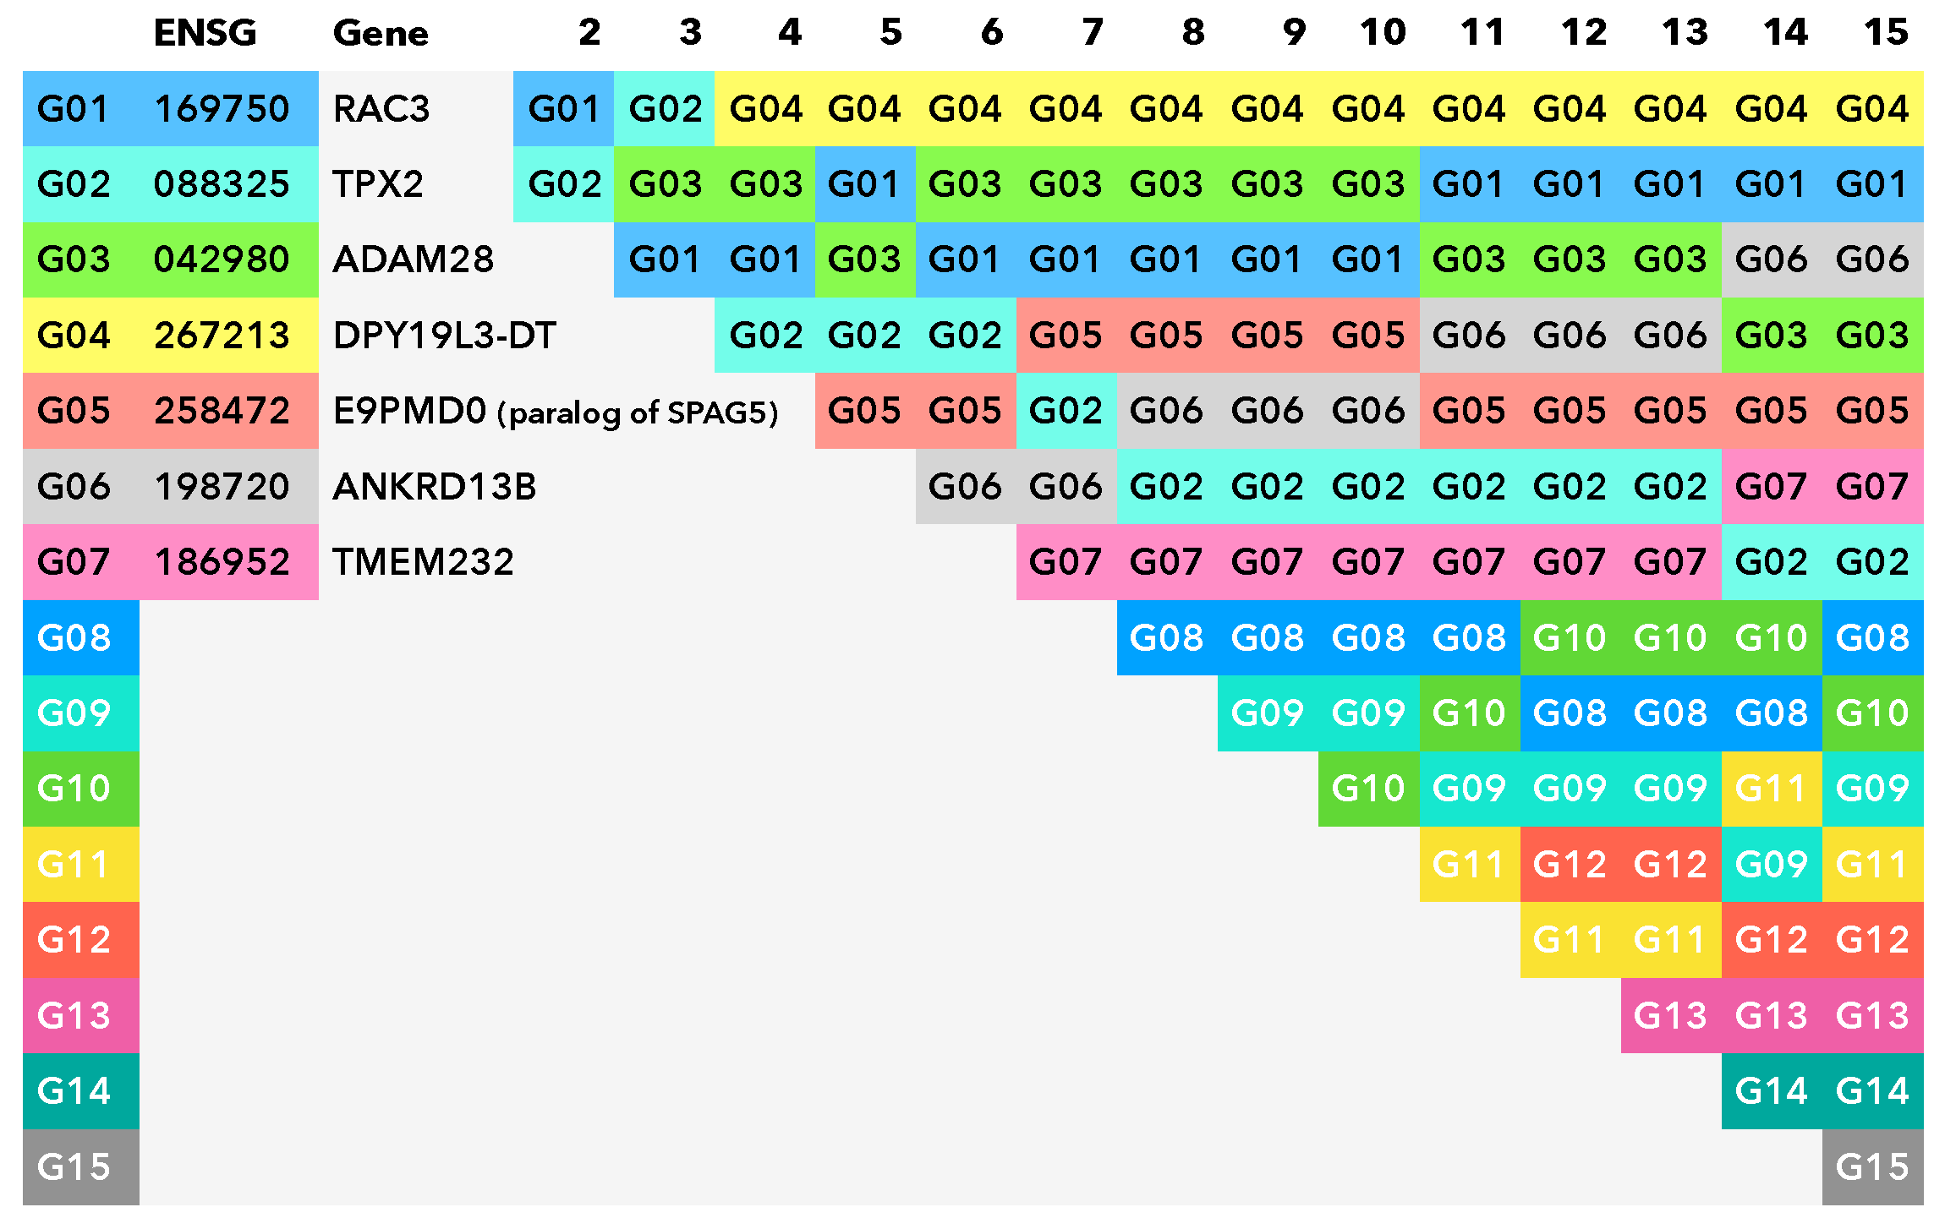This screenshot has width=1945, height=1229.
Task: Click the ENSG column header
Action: pyautogui.click(x=205, y=33)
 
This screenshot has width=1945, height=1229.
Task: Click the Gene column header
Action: pyautogui.click(x=381, y=33)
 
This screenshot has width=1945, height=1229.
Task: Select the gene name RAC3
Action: pyautogui.click(x=381, y=109)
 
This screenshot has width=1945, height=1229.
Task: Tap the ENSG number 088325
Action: pyautogui.click(x=222, y=184)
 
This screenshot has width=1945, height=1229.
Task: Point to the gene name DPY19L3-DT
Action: pyautogui.click(x=445, y=336)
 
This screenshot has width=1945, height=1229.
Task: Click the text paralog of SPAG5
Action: pyautogui.click(x=638, y=412)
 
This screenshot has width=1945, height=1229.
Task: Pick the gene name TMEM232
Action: pyautogui.click(x=423, y=562)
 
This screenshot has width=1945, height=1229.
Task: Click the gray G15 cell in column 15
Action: pyautogui.click(x=1872, y=1167)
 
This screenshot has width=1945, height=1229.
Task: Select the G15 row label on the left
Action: pyautogui.click(x=74, y=1167)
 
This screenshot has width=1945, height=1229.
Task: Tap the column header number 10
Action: pyautogui.click(x=1383, y=33)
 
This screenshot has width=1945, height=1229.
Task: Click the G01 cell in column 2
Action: pyautogui.click(x=564, y=109)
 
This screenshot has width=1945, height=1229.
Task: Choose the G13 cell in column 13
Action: pyautogui.click(x=1670, y=1016)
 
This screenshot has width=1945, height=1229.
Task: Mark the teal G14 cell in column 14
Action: pyautogui.click(x=1771, y=1091)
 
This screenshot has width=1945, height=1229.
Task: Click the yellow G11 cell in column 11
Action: pyautogui.click(x=1469, y=865)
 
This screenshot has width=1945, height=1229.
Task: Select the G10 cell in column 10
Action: pyautogui.click(x=1368, y=789)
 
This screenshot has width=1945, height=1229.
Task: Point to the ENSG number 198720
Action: pyautogui.click(x=222, y=487)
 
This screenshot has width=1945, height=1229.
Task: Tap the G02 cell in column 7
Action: pyautogui.click(x=1066, y=411)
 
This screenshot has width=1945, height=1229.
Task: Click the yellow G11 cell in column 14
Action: pyautogui.click(x=1771, y=789)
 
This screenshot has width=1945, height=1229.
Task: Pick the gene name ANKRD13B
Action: pyautogui.click(x=435, y=487)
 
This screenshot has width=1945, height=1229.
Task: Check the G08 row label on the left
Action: pyautogui.click(x=74, y=638)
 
